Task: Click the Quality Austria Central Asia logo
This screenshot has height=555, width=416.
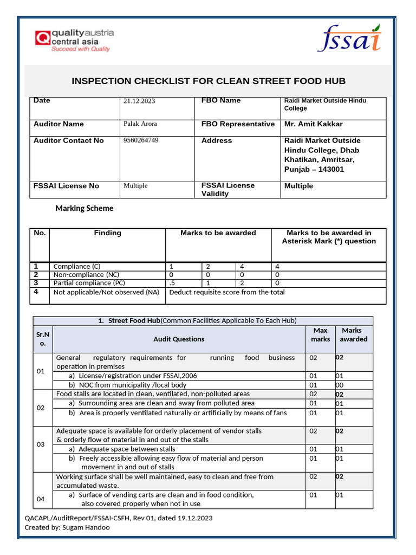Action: (x=74, y=41)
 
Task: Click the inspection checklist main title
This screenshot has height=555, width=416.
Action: (x=209, y=81)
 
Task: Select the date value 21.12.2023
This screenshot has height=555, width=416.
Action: (x=139, y=101)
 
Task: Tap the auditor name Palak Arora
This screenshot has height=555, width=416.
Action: (x=140, y=124)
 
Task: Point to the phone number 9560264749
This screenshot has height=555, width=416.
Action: (x=141, y=140)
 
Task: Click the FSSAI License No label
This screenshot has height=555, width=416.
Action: (x=66, y=186)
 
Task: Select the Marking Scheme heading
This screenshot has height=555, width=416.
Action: (x=84, y=208)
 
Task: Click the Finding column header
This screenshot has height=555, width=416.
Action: (x=107, y=233)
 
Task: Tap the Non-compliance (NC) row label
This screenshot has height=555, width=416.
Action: (x=86, y=275)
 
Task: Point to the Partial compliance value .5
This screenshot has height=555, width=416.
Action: (x=172, y=283)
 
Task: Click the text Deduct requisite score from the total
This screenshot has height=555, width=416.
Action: (x=227, y=292)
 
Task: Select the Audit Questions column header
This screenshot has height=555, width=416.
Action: (x=179, y=339)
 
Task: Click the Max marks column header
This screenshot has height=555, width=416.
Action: (x=320, y=334)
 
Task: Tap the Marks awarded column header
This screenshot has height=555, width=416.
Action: (x=353, y=334)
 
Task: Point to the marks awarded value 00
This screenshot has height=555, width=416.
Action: (x=340, y=385)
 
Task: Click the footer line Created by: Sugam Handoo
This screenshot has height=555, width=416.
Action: (x=67, y=527)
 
